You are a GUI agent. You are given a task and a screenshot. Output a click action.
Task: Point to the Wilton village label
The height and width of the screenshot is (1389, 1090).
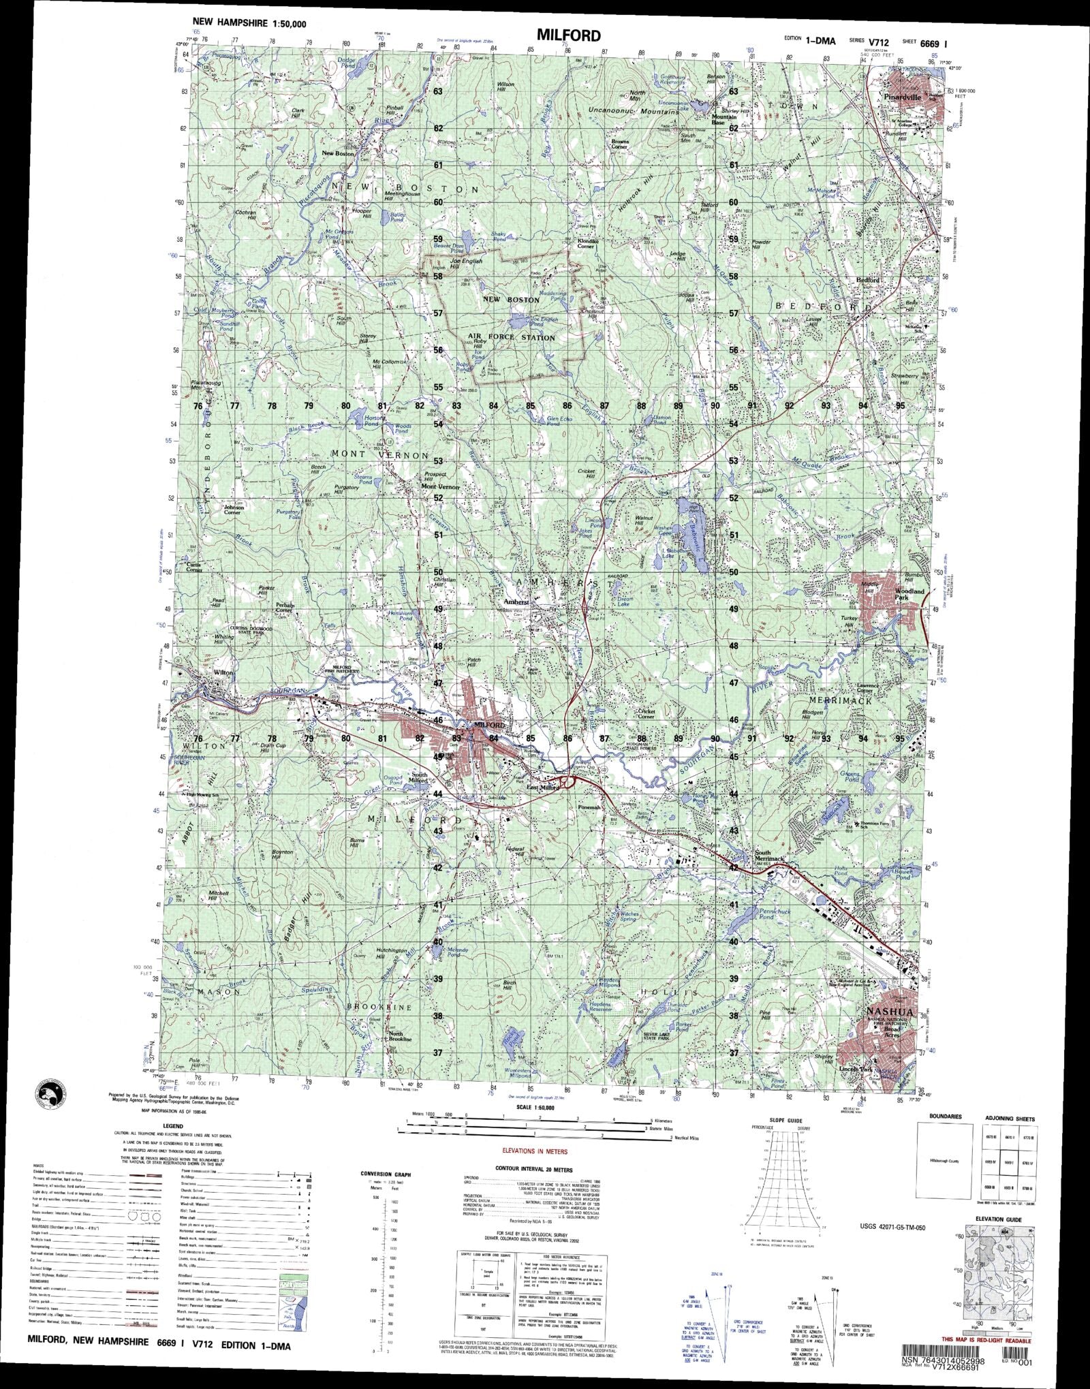pos(223,672)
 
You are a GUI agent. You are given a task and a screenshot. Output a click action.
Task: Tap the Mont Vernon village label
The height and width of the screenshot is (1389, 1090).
pos(440,487)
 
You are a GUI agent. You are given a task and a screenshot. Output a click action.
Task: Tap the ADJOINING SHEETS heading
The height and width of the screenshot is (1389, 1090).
pos(1009,1119)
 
